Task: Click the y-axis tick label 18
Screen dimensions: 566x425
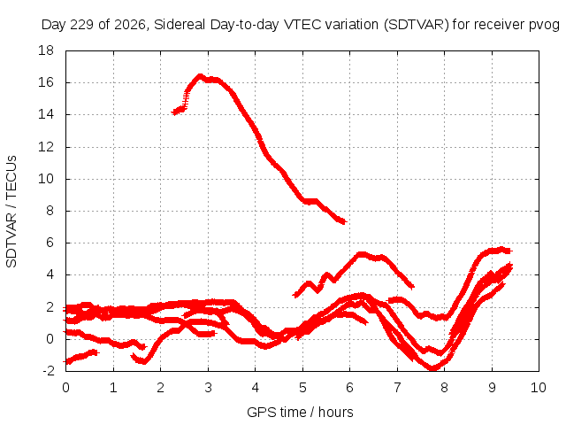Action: pyautogui.click(x=46, y=50)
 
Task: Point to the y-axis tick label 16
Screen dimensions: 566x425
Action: pyautogui.click(x=46, y=82)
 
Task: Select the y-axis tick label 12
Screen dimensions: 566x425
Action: pyautogui.click(x=46, y=147)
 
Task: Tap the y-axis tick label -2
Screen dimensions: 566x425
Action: pyautogui.click(x=49, y=371)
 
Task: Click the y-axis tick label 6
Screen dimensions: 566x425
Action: pyautogui.click(x=50, y=243)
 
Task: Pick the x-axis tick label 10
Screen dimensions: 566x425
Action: pyautogui.click(x=539, y=388)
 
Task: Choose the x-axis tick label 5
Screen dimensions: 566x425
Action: pyautogui.click(x=302, y=388)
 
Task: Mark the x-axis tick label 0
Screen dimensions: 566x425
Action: pyautogui.click(x=65, y=388)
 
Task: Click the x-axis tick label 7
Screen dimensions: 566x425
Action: pyautogui.click(x=397, y=388)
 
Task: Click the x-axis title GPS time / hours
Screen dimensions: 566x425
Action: pyautogui.click(x=300, y=412)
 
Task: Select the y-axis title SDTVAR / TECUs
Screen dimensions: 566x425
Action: pyautogui.click(x=11, y=212)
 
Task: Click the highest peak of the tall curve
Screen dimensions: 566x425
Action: pyautogui.click(x=200, y=76)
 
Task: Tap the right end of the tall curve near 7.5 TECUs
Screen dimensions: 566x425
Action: pyautogui.click(x=345, y=221)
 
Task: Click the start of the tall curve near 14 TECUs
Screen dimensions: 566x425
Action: pyautogui.click(x=173, y=113)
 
